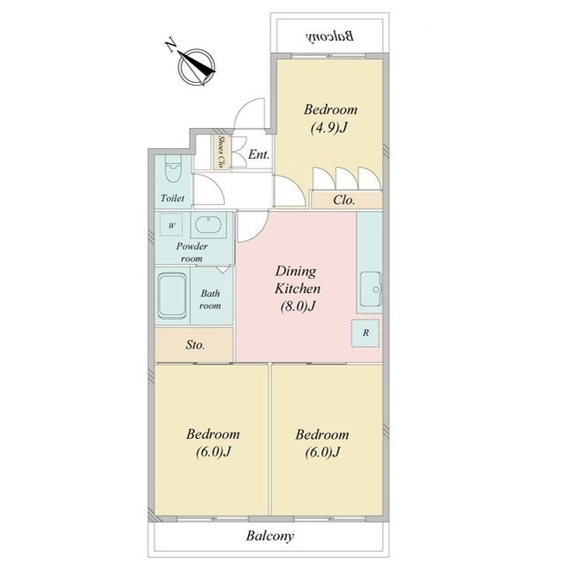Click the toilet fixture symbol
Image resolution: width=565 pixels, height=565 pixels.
click(174, 169)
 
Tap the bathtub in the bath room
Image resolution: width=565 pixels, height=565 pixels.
click(173, 297)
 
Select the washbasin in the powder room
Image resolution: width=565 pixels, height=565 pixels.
click(208, 225)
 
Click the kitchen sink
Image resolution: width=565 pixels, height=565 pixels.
click(371, 289)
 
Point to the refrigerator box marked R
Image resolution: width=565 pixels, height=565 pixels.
click(365, 333)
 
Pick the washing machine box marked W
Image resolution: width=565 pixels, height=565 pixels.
click(171, 225)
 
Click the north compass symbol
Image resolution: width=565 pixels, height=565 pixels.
click(197, 67)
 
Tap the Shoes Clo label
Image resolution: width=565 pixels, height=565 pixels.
click(222, 152)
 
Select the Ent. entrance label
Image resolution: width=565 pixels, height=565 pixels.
click(259, 154)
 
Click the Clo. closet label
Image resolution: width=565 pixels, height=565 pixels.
click(344, 200)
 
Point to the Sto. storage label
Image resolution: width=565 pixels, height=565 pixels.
click(195, 345)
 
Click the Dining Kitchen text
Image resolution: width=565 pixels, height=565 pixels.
click(298, 280)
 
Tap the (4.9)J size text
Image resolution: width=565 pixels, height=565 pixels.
click(328, 127)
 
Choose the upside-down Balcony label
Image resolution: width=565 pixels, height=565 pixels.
click(329, 36)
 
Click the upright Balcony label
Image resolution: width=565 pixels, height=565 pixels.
click(270, 536)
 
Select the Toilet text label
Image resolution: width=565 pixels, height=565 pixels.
click(173, 198)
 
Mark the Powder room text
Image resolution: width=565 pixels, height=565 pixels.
click(192, 252)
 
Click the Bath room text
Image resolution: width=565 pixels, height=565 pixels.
click(210, 299)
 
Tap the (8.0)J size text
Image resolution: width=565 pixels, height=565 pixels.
click(298, 306)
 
